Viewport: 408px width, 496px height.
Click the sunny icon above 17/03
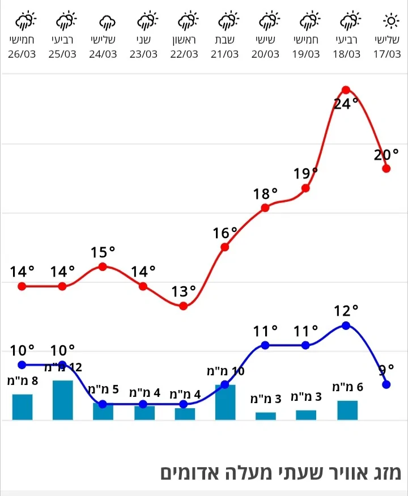(x=391, y=22)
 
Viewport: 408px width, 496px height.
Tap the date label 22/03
(x=184, y=54)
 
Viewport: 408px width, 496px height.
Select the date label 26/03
(x=22, y=54)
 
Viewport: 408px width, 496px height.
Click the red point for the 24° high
(x=346, y=90)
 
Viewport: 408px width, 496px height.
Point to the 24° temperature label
(x=346, y=104)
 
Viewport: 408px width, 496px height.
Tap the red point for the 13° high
(x=184, y=306)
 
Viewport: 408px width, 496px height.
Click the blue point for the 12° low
(x=346, y=325)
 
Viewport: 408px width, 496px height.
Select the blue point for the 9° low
(x=386, y=384)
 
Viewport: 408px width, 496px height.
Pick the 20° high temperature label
(x=386, y=155)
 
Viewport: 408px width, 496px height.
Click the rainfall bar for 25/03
(x=62, y=400)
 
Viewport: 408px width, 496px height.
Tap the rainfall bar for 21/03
(x=225, y=402)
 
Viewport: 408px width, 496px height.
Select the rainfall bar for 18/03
(x=347, y=410)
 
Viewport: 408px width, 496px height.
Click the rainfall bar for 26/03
(x=22, y=406)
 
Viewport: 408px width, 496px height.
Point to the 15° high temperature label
(x=103, y=252)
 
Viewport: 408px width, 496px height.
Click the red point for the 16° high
(x=225, y=247)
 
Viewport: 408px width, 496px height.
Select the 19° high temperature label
(x=305, y=173)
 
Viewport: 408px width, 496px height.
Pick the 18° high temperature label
(x=265, y=194)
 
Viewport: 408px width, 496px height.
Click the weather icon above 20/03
(x=267, y=22)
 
